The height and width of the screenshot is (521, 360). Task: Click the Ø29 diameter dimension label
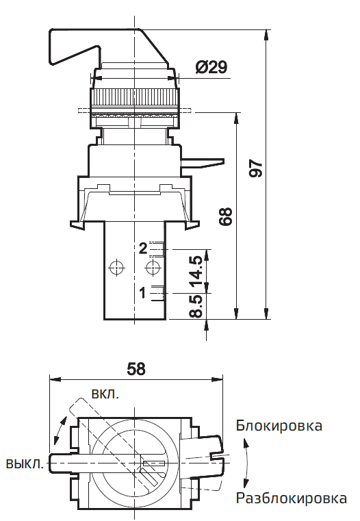pyautogui.click(x=211, y=67)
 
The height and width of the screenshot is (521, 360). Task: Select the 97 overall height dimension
pyautogui.click(x=255, y=170)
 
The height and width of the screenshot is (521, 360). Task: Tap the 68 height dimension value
pyautogui.click(x=227, y=216)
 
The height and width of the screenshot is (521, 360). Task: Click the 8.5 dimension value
pyautogui.click(x=196, y=306)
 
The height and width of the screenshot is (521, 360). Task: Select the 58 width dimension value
pyautogui.click(x=136, y=368)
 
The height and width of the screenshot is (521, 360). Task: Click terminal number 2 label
pyautogui.click(x=142, y=249)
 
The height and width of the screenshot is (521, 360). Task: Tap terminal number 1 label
pyautogui.click(x=142, y=293)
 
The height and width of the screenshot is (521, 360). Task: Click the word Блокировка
pyautogui.click(x=279, y=426)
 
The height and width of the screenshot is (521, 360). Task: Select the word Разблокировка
pyautogui.click(x=291, y=498)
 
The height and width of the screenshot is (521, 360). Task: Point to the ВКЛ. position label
pyautogui.click(x=105, y=395)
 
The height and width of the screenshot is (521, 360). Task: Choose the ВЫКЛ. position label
pyautogui.click(x=25, y=463)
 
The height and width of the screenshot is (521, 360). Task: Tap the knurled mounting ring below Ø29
pyautogui.click(x=134, y=96)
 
